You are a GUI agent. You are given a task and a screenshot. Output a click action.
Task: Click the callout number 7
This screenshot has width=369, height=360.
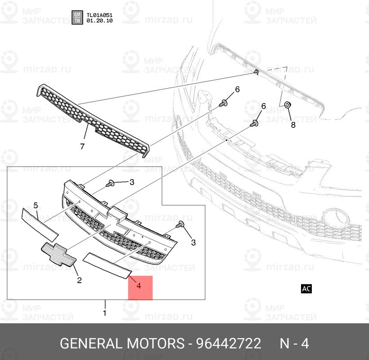click(82, 147)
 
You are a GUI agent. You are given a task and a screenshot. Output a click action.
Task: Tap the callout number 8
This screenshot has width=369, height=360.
click(293, 125)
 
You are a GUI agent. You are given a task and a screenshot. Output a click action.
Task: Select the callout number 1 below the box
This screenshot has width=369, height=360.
click(105, 312)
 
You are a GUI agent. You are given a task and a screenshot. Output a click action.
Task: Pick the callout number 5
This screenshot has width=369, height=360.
click(36, 206)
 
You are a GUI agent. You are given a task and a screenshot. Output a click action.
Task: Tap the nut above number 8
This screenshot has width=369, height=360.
click(287, 105)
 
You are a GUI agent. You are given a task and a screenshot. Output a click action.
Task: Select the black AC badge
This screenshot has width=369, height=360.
click(306, 288)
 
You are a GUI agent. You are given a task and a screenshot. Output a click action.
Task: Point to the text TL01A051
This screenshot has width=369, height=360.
click(99, 14)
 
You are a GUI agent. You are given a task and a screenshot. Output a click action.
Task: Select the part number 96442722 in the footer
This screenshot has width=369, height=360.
click(228, 344)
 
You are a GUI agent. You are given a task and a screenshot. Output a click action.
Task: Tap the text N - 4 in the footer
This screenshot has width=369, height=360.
click(294, 344)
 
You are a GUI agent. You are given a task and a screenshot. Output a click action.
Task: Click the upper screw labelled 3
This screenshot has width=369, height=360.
click(110, 183)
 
